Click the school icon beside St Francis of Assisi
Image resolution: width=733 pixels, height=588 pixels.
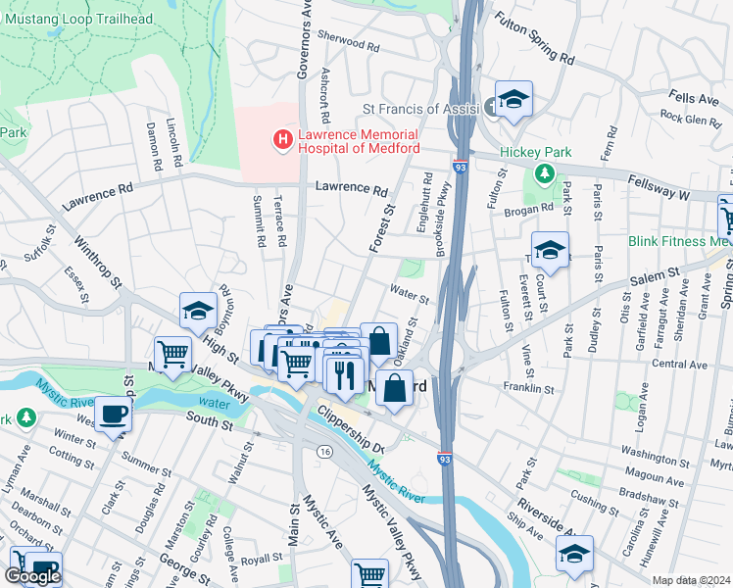[x=513, y=100]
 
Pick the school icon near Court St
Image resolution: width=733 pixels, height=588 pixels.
[x=550, y=251]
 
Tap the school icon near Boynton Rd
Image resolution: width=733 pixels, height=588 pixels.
[x=198, y=311]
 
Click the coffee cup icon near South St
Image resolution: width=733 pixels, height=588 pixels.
[x=113, y=414]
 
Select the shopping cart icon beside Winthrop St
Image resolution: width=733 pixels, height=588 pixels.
[x=172, y=354]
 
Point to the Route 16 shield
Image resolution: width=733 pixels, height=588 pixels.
[x=322, y=451]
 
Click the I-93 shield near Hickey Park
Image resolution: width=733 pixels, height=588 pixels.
[x=460, y=169]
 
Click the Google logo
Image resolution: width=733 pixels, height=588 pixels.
[x=32, y=576]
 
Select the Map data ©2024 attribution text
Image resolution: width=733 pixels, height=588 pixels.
[x=690, y=580]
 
